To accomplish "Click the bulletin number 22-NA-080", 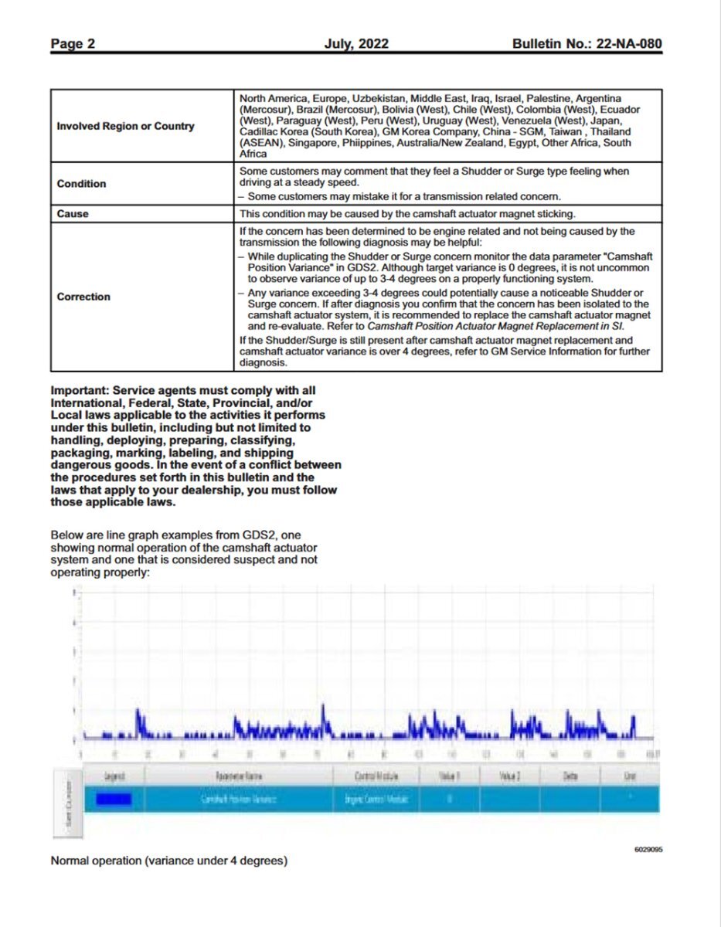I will [627, 44].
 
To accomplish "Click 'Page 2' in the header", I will [73, 44].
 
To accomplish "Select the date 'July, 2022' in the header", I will [356, 44].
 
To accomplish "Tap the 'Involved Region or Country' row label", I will [125, 126].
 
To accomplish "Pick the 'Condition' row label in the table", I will [81, 184].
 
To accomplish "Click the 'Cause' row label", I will [73, 213].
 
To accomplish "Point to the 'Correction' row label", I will [83, 297].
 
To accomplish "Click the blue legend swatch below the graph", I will [113, 798].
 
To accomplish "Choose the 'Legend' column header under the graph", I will [114, 775].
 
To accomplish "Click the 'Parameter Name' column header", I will [237, 775].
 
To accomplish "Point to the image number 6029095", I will [648, 850].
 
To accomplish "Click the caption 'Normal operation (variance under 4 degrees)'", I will [169, 861].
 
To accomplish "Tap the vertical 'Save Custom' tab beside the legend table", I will [68, 803].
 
